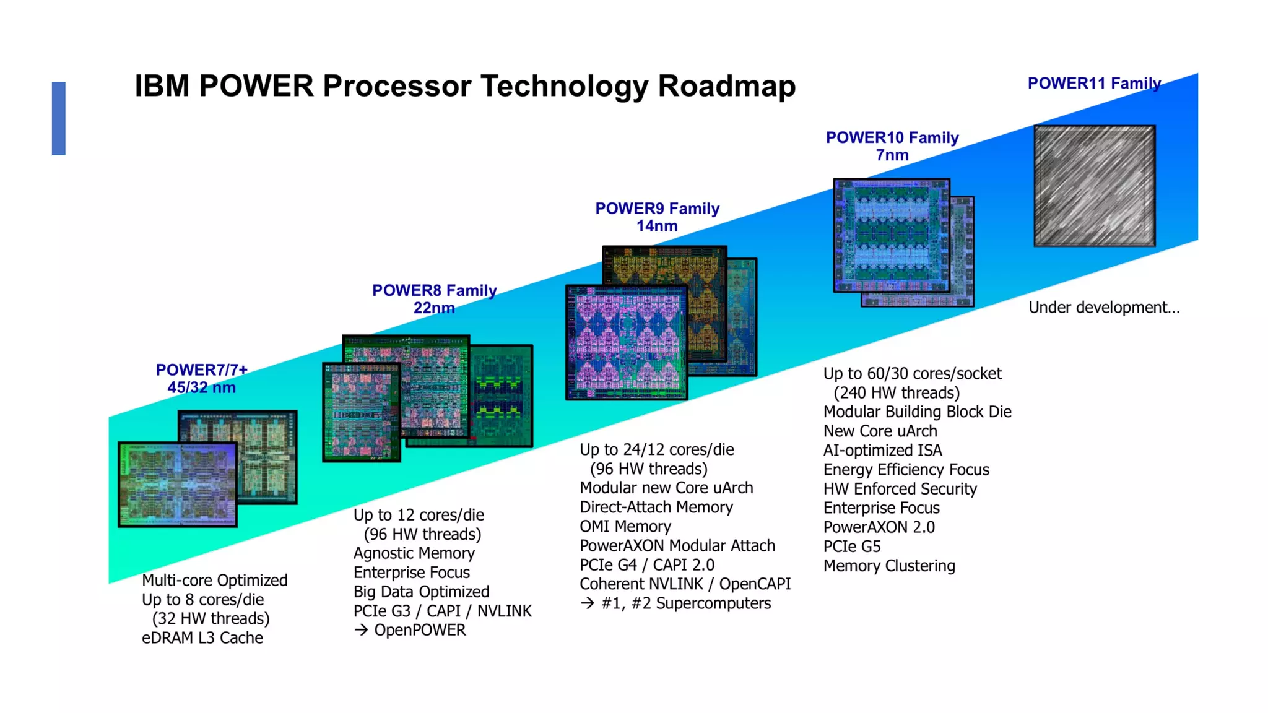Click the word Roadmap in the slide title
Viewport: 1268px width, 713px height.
pyautogui.click(x=726, y=86)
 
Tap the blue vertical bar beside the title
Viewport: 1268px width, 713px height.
pyautogui.click(x=59, y=118)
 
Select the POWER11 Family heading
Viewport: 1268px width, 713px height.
pyautogui.click(x=1093, y=83)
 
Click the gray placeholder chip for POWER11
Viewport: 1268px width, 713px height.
pyautogui.click(x=1094, y=186)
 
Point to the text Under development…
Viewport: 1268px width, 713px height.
pyautogui.click(x=1104, y=308)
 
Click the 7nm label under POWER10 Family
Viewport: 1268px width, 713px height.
pyautogui.click(x=892, y=155)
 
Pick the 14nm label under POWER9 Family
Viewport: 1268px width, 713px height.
pyautogui.click(x=657, y=226)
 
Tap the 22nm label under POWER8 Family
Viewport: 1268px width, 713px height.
pyautogui.click(x=434, y=308)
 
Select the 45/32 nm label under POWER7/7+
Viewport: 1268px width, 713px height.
pyautogui.click(x=201, y=387)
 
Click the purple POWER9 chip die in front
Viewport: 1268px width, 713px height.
pyautogui.click(x=626, y=342)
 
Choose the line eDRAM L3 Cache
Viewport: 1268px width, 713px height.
pyautogui.click(x=202, y=638)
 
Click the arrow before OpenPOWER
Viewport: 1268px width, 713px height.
pyautogui.click(x=361, y=630)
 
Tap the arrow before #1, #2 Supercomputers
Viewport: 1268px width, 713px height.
pyautogui.click(x=587, y=603)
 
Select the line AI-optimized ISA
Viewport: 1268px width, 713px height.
pyautogui.click(x=882, y=451)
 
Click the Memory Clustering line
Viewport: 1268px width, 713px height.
pyautogui.click(x=889, y=566)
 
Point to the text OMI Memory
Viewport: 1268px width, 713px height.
pyautogui.click(x=625, y=527)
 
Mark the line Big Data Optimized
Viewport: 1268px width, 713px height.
pyautogui.click(x=421, y=592)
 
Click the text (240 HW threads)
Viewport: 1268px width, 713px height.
pyautogui.click(x=897, y=393)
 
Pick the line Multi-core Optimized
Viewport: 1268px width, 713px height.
pyautogui.click(x=215, y=581)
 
